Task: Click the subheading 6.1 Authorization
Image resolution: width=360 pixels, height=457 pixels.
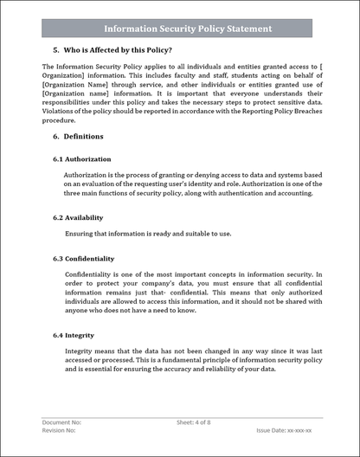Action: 82,159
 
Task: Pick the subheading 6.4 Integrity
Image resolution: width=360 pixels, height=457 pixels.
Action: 74,334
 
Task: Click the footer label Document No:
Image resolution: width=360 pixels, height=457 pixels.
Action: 61,422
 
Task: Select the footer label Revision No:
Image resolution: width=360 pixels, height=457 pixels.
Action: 60,430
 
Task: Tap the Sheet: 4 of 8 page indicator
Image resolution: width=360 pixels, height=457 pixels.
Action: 196,422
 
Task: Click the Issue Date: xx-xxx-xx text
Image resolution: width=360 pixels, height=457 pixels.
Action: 284,430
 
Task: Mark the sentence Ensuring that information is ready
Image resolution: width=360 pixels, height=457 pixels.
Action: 148,234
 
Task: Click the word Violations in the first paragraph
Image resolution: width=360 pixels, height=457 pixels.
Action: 60,113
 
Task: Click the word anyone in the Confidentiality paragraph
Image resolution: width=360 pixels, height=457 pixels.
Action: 79,310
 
